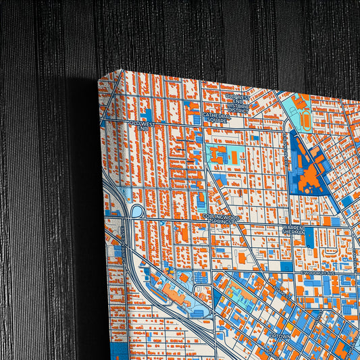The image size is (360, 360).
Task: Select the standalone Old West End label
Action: coord(143,126)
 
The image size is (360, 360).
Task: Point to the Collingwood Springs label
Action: coord(220,219)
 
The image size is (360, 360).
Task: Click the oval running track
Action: coord(301,115)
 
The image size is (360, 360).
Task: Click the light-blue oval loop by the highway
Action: coord(136,211)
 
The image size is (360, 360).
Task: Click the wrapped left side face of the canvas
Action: coord(111,223)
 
